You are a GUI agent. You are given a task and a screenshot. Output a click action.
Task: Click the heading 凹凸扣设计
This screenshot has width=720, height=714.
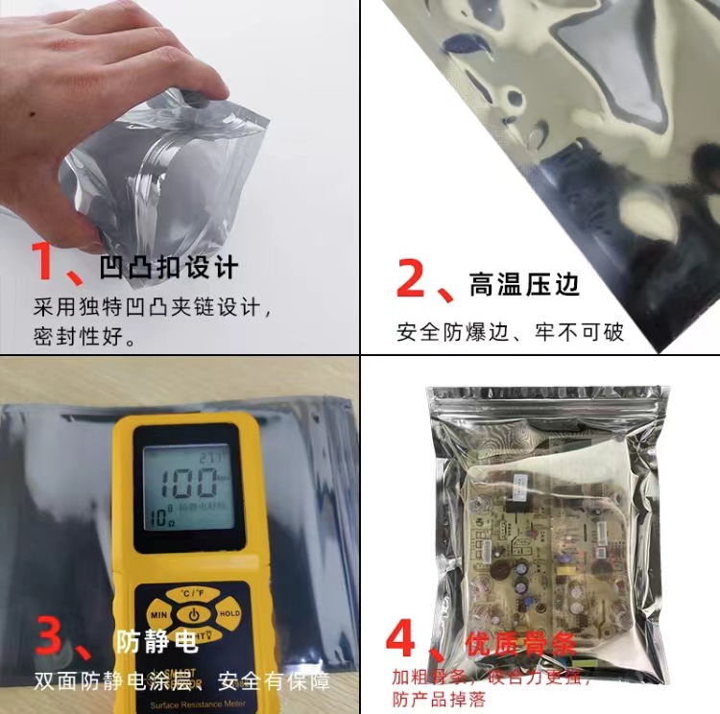[168, 267]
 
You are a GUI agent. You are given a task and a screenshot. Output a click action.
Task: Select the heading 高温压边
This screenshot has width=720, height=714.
[524, 284]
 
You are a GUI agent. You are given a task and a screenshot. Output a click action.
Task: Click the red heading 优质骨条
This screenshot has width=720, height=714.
[519, 642]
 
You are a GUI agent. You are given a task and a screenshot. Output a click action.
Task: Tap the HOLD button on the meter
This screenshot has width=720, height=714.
[228, 613]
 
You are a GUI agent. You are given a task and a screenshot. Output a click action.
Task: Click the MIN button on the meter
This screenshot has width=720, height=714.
[159, 613]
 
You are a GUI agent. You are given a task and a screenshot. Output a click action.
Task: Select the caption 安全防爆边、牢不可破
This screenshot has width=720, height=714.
[510, 332]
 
